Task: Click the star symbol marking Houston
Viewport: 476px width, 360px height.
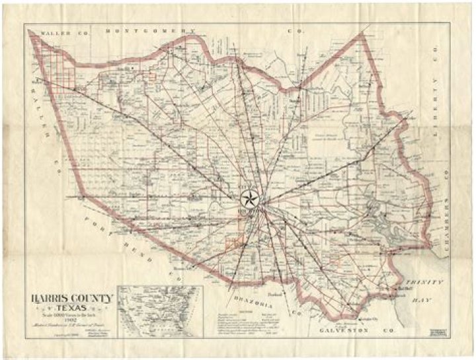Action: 249,198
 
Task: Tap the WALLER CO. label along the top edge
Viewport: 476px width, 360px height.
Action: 59,31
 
